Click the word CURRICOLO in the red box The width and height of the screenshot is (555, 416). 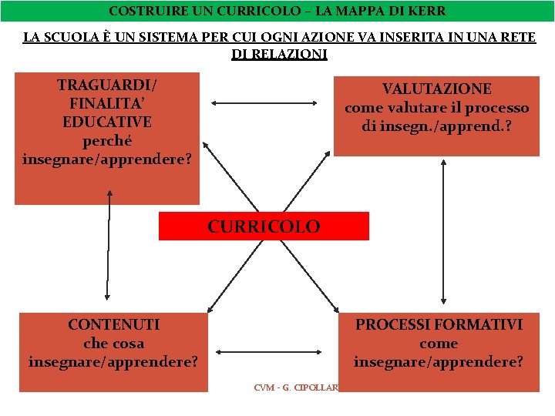(x=263, y=226)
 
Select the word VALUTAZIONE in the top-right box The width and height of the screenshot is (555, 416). (x=436, y=89)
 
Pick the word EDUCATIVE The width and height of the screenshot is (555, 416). (x=106, y=122)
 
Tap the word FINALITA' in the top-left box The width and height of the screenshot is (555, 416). (x=106, y=103)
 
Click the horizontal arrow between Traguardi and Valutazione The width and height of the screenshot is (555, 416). (x=264, y=102)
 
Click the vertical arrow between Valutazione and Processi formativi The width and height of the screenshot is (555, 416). (x=443, y=231)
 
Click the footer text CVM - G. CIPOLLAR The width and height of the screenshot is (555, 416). (x=296, y=387)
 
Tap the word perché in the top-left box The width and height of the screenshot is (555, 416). (x=106, y=141)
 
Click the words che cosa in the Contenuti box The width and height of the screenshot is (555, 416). (x=113, y=343)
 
